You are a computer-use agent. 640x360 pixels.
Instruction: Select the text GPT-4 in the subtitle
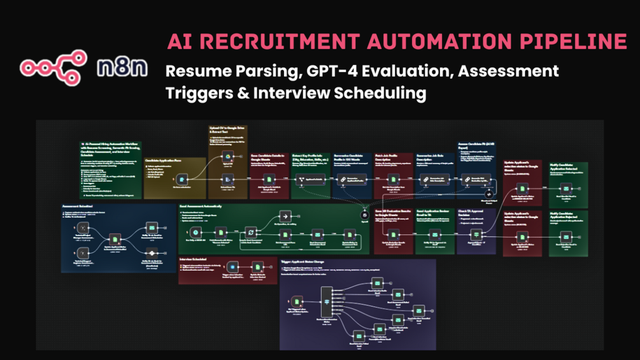point(325,71)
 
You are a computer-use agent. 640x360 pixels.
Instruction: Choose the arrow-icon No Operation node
point(285,217)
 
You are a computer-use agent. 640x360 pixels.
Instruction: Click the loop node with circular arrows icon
point(250,233)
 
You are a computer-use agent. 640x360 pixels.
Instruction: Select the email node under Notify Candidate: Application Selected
point(565,188)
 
